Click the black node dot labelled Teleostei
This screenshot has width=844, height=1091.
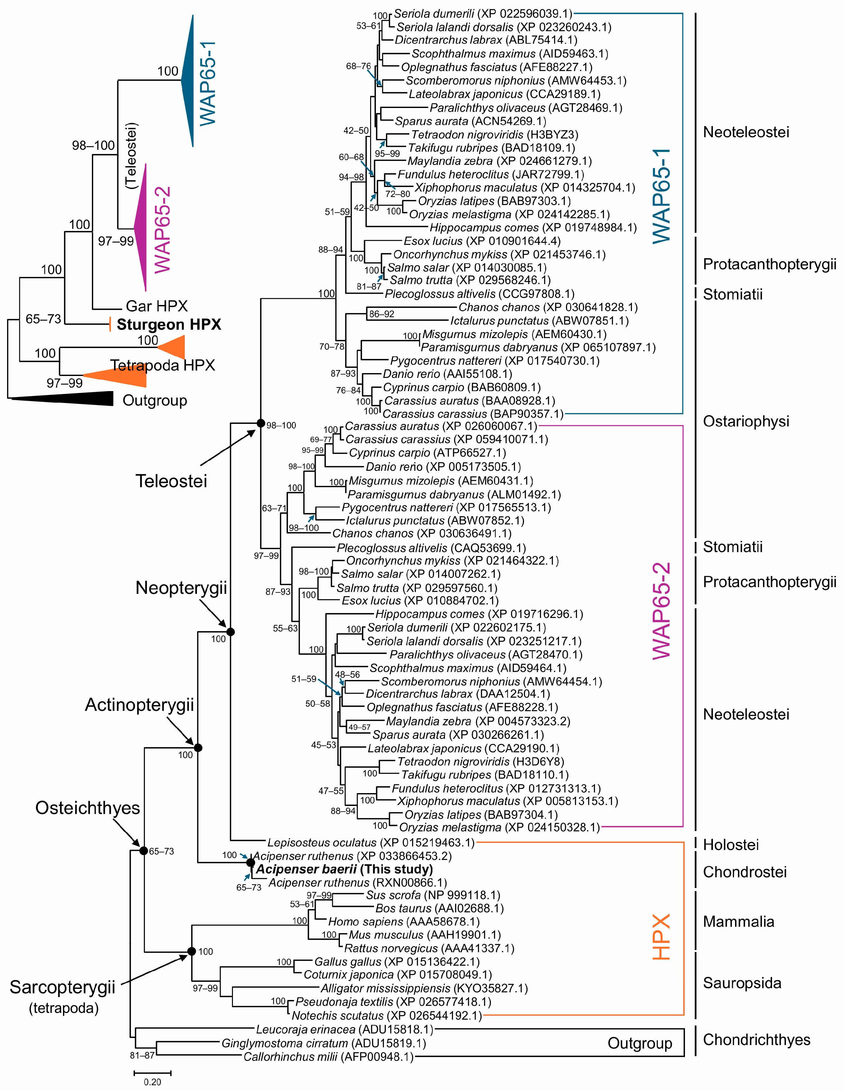coord(260,423)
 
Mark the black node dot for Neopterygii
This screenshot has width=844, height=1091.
coord(230,632)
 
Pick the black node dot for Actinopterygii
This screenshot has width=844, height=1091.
coord(198,748)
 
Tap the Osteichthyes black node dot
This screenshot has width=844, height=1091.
coord(143,851)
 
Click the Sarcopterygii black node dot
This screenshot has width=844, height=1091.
coord(191,951)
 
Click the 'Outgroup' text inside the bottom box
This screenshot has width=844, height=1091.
coord(640,1043)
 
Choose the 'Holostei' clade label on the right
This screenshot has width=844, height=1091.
coord(731,845)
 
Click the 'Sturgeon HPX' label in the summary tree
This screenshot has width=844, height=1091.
coord(169,324)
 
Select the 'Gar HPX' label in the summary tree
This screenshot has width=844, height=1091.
coord(156,306)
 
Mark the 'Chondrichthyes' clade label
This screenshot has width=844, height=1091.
coord(756,1040)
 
